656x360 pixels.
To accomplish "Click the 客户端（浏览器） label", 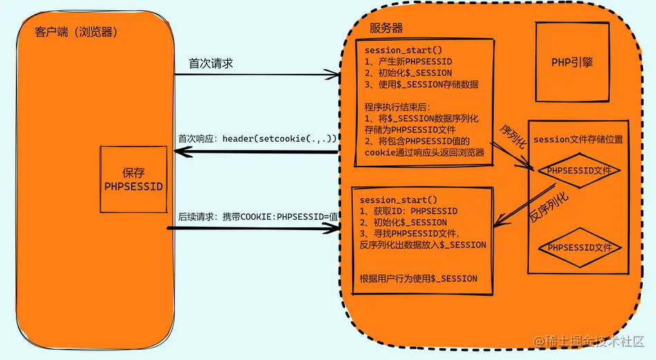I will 74,32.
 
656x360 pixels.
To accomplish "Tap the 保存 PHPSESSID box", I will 133,179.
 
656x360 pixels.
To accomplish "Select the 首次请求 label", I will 211,63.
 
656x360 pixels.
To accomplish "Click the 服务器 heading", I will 387,28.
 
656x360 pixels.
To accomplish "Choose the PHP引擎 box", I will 572,63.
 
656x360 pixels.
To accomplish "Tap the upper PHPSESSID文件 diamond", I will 579,170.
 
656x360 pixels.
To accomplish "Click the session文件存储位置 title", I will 578,140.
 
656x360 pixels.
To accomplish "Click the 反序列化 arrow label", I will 550,206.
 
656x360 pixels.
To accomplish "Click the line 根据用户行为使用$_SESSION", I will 418,278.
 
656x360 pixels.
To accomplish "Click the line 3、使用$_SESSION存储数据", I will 421,84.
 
